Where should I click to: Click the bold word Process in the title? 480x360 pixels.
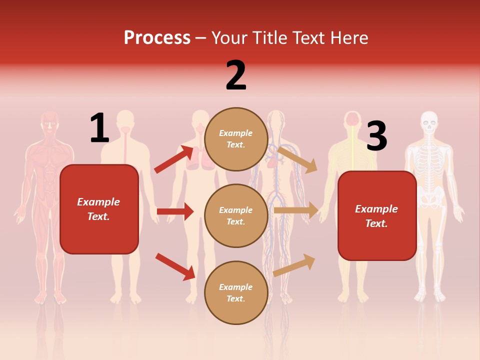[x=157, y=38]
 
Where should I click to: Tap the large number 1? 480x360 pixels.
[x=99, y=128]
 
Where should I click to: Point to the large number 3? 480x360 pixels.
[x=376, y=136]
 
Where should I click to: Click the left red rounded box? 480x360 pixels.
[x=99, y=209]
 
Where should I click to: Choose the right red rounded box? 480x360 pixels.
[x=377, y=215]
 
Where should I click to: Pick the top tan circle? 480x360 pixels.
[x=236, y=139]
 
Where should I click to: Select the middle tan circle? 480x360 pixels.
[x=236, y=215]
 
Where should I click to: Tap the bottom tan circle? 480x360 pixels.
[x=236, y=292]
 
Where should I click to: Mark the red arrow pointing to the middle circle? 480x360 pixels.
[x=175, y=211]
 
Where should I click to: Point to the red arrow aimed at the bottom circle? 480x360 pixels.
[x=175, y=266]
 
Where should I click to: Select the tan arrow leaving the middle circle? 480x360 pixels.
[x=296, y=210]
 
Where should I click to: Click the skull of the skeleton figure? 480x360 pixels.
[x=428, y=121]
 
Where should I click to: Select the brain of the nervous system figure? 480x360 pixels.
[x=353, y=119]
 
